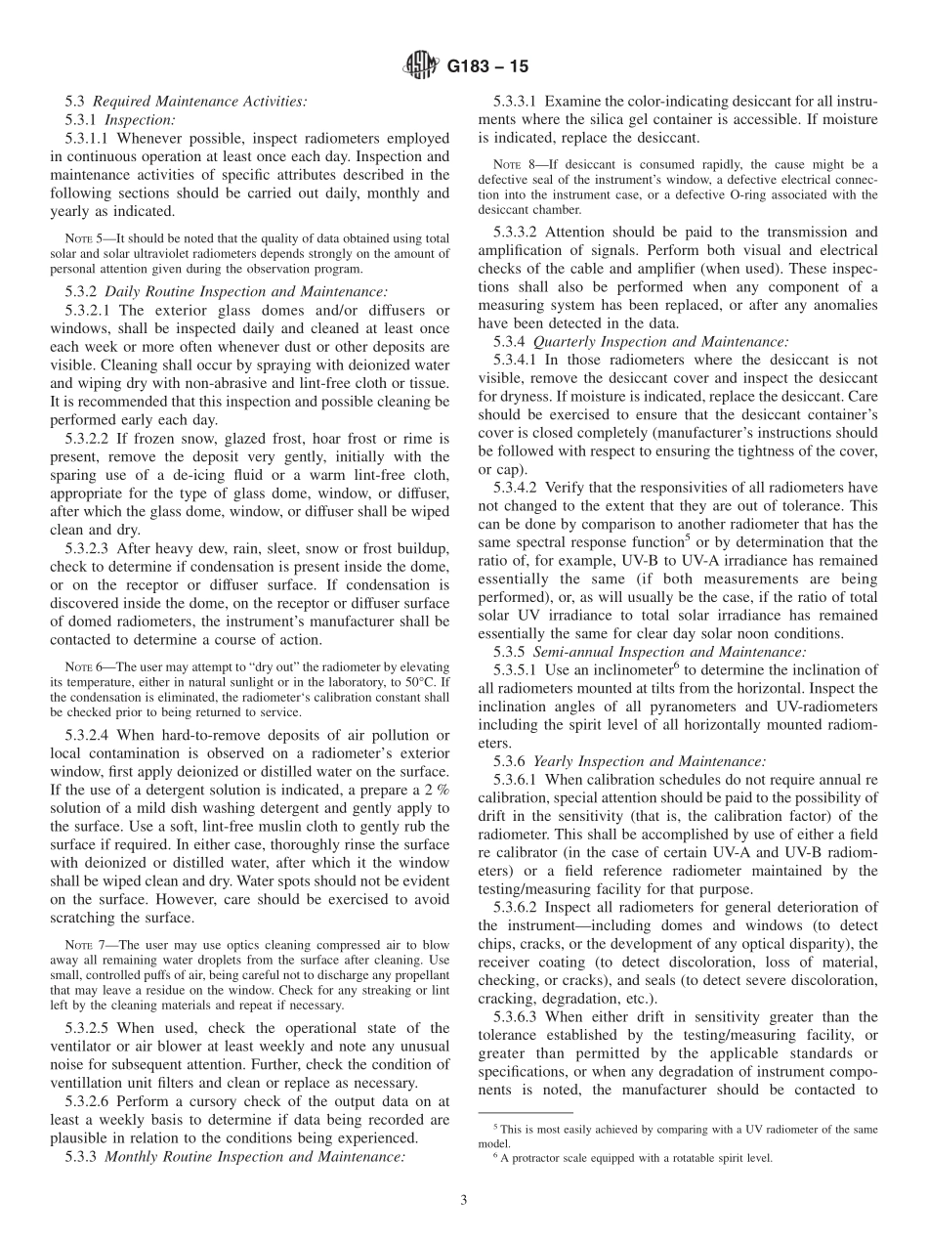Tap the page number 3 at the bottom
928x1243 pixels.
(464, 1201)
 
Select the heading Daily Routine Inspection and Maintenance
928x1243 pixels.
(245, 290)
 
